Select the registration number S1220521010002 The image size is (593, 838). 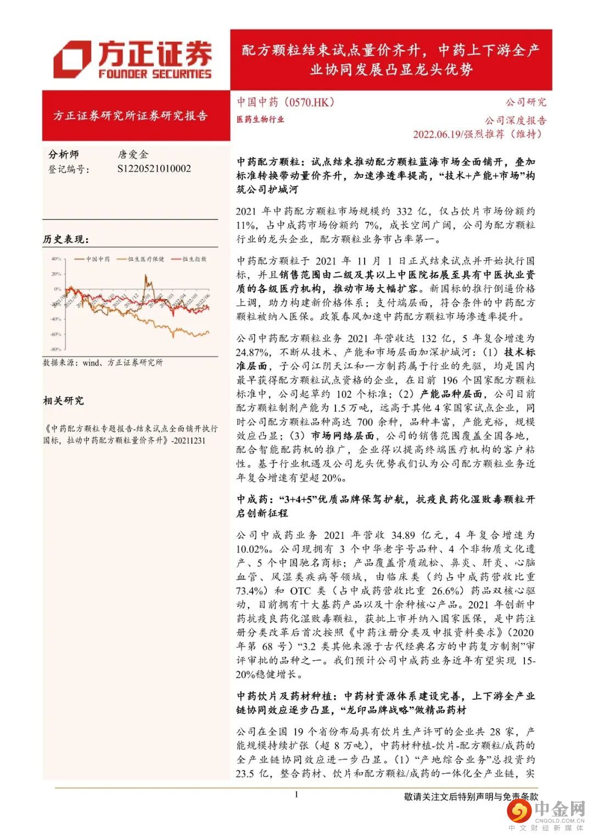(x=154, y=169)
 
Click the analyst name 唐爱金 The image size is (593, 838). (x=132, y=155)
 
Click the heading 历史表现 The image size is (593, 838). (x=66, y=239)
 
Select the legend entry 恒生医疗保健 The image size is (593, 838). (x=146, y=258)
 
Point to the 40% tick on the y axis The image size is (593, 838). (x=56, y=258)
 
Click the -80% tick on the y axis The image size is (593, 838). (x=55, y=349)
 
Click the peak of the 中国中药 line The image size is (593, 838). (x=146, y=276)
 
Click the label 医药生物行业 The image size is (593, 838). (x=260, y=119)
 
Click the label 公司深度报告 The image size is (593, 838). (x=515, y=120)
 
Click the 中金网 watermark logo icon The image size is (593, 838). (x=518, y=812)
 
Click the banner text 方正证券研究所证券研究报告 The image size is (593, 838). (x=131, y=116)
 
